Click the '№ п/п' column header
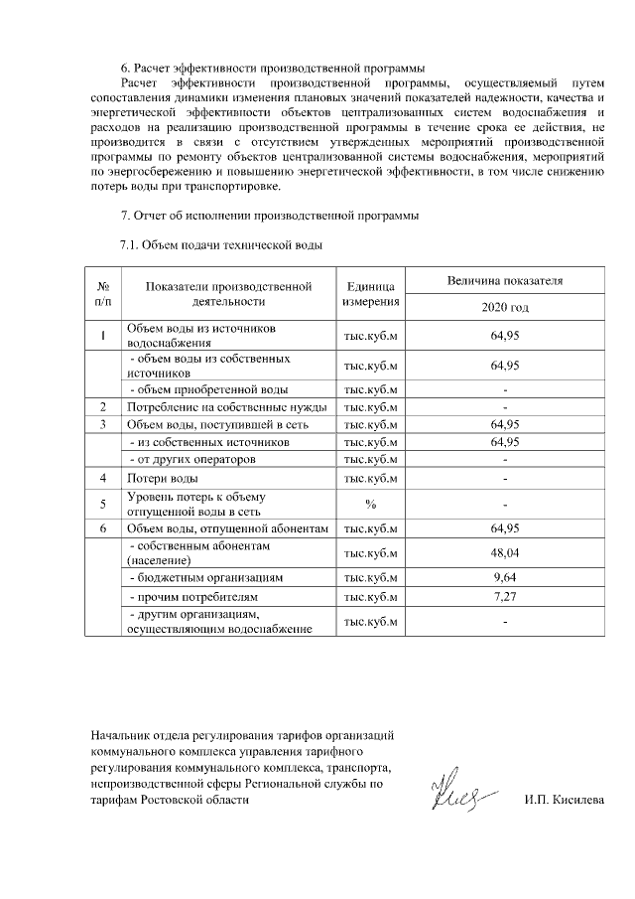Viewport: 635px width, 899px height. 103,293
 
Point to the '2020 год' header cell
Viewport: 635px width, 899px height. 505,307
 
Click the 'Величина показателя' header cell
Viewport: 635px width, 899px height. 505,281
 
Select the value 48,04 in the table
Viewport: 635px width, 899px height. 505,553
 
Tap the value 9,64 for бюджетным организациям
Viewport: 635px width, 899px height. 505,576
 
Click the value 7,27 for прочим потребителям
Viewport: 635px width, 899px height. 505,598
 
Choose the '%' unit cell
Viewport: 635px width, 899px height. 370,504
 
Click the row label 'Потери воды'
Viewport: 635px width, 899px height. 157,479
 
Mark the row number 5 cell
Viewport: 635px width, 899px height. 103,504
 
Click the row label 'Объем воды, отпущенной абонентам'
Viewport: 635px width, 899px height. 226,528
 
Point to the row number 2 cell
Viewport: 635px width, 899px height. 103,406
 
